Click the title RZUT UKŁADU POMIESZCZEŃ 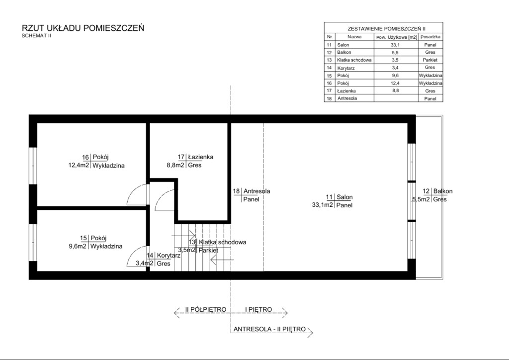pyautogui.click(x=83, y=28)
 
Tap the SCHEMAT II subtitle pyautogui.click(x=36, y=36)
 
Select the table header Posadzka pyautogui.click(x=430, y=37)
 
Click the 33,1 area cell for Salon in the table pyautogui.click(x=395, y=45)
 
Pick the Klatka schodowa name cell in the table pyautogui.click(x=354, y=60)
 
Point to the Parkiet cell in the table pyautogui.click(x=430, y=60)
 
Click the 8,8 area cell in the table pyautogui.click(x=395, y=90)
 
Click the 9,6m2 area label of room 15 pyautogui.click(x=77, y=246)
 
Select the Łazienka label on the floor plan pyautogui.click(x=201, y=157)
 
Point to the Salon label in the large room pyautogui.click(x=344, y=197)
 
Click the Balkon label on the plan pyautogui.click(x=443, y=191)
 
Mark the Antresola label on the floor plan pyautogui.click(x=257, y=191)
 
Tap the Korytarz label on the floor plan pyautogui.click(x=169, y=255)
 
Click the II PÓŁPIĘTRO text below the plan pyautogui.click(x=205, y=309)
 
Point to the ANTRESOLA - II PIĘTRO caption pyautogui.click(x=269, y=329)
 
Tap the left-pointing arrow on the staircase pyautogui.click(x=222, y=260)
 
